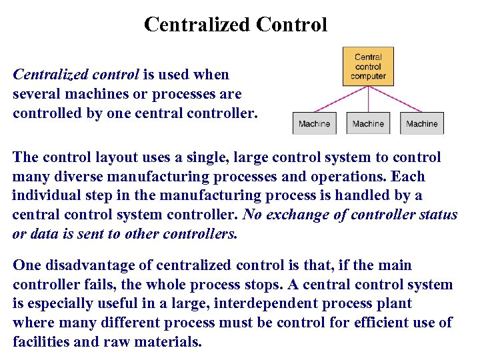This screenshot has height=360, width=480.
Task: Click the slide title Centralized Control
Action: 235,25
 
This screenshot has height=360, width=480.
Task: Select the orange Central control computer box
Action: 368,67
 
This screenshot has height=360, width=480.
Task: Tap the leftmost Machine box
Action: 314,123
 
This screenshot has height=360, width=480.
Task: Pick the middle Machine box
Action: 368,123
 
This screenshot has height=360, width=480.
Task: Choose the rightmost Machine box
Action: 422,123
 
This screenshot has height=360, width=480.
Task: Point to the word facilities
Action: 41,343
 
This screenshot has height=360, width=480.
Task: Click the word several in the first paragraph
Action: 37,94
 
